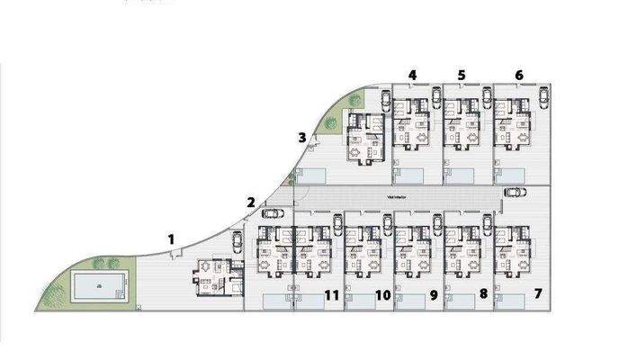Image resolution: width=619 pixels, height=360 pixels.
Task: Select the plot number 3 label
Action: pyautogui.click(x=302, y=138)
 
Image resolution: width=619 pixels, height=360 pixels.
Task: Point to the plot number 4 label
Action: pyautogui.click(x=412, y=75)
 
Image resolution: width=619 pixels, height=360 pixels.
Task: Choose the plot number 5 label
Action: pyautogui.click(x=462, y=75)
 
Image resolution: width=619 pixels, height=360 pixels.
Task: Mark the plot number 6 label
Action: pyautogui.click(x=519, y=75)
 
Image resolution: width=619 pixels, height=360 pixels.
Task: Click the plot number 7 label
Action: pyautogui.click(x=538, y=293)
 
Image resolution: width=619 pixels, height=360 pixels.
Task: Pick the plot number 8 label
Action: pyautogui.click(x=483, y=293)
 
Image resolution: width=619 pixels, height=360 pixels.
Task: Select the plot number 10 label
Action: pyautogui.click(x=381, y=294)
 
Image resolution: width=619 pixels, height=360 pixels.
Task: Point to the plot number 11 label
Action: pyautogui.click(x=331, y=294)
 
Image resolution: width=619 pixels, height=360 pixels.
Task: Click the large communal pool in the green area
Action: pyautogui.click(x=94, y=287)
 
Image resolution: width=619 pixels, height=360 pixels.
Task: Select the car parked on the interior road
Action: pyautogui.click(x=516, y=192)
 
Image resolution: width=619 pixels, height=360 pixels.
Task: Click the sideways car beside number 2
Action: pyautogui.click(x=271, y=213)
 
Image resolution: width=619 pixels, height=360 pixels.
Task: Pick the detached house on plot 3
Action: pyautogui.click(x=366, y=140)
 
